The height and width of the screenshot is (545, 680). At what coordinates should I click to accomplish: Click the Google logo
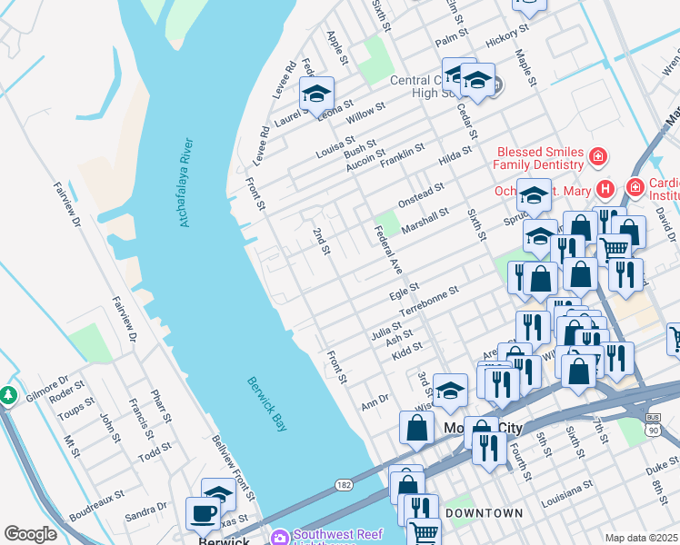pos(30,534)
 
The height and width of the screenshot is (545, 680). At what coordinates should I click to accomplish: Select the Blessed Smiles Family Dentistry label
pos(538,158)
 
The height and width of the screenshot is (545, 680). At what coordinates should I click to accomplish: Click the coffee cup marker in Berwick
pos(203,512)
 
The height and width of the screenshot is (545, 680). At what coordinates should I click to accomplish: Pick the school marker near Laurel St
pos(316,94)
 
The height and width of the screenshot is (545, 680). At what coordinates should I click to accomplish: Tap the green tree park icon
pos(8,396)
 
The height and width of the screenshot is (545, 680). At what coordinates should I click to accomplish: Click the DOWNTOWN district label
pos(485,513)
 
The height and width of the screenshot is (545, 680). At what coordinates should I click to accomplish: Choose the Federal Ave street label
pos(388,251)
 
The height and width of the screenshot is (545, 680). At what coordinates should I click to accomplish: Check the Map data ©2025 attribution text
pos(640,538)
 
